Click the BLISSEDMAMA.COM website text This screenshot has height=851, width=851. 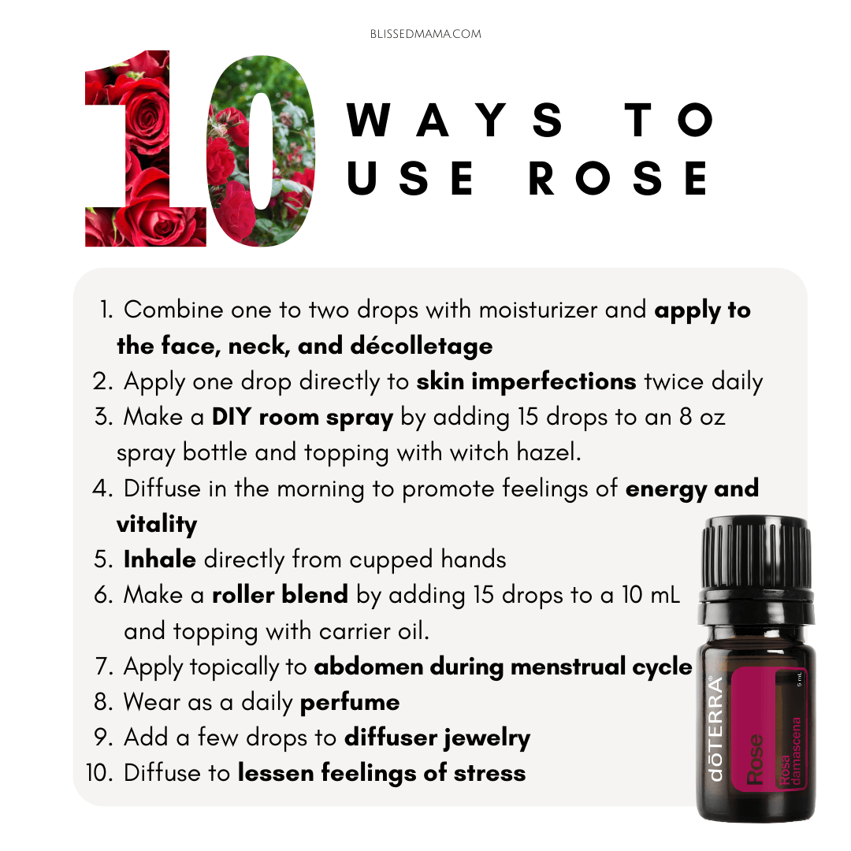click(x=425, y=34)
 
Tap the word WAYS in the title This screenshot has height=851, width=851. click(x=455, y=120)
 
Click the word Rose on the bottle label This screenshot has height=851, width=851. click(x=755, y=759)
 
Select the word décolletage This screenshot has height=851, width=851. click(x=422, y=346)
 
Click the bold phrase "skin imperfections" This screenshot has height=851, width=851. click(x=526, y=381)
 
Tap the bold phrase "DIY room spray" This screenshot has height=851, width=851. click(x=303, y=418)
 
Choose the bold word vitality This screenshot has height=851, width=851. click(x=157, y=524)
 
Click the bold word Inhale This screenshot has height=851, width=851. click(x=159, y=559)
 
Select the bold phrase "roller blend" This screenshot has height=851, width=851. click(x=280, y=595)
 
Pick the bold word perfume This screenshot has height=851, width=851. click(x=350, y=703)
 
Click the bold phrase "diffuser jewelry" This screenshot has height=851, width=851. click(x=437, y=738)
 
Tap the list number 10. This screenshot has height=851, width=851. click(x=99, y=773)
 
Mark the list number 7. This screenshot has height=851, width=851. click(x=103, y=667)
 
